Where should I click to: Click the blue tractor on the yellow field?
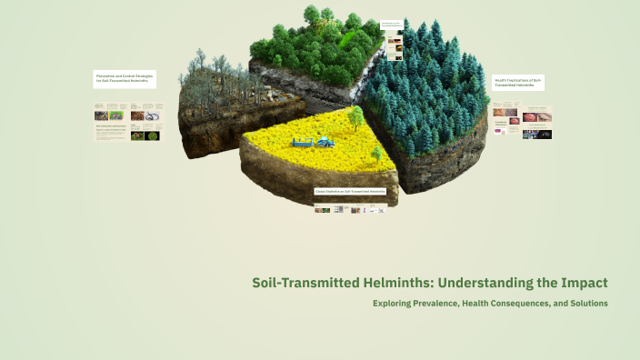click(325, 141)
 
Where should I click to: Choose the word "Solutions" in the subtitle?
click(583, 303)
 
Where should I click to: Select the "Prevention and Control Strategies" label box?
click(125, 79)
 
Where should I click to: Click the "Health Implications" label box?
click(517, 83)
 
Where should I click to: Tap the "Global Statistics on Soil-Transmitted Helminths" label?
click(350, 192)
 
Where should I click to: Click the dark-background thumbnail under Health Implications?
click(541, 134)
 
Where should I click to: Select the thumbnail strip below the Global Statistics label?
click(350, 209)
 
